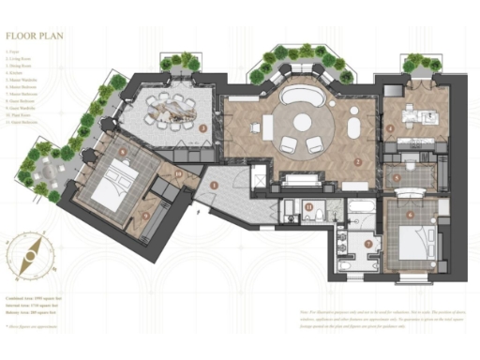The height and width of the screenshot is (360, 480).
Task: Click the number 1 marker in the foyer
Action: coord(215,186)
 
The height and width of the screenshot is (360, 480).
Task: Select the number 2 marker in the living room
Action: coord(357,160)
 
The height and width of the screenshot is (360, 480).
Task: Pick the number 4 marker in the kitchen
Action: coord(391,128)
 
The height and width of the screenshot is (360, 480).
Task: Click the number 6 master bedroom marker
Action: coord(409,215)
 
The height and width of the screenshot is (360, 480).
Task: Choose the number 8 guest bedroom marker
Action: coord(122,150)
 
